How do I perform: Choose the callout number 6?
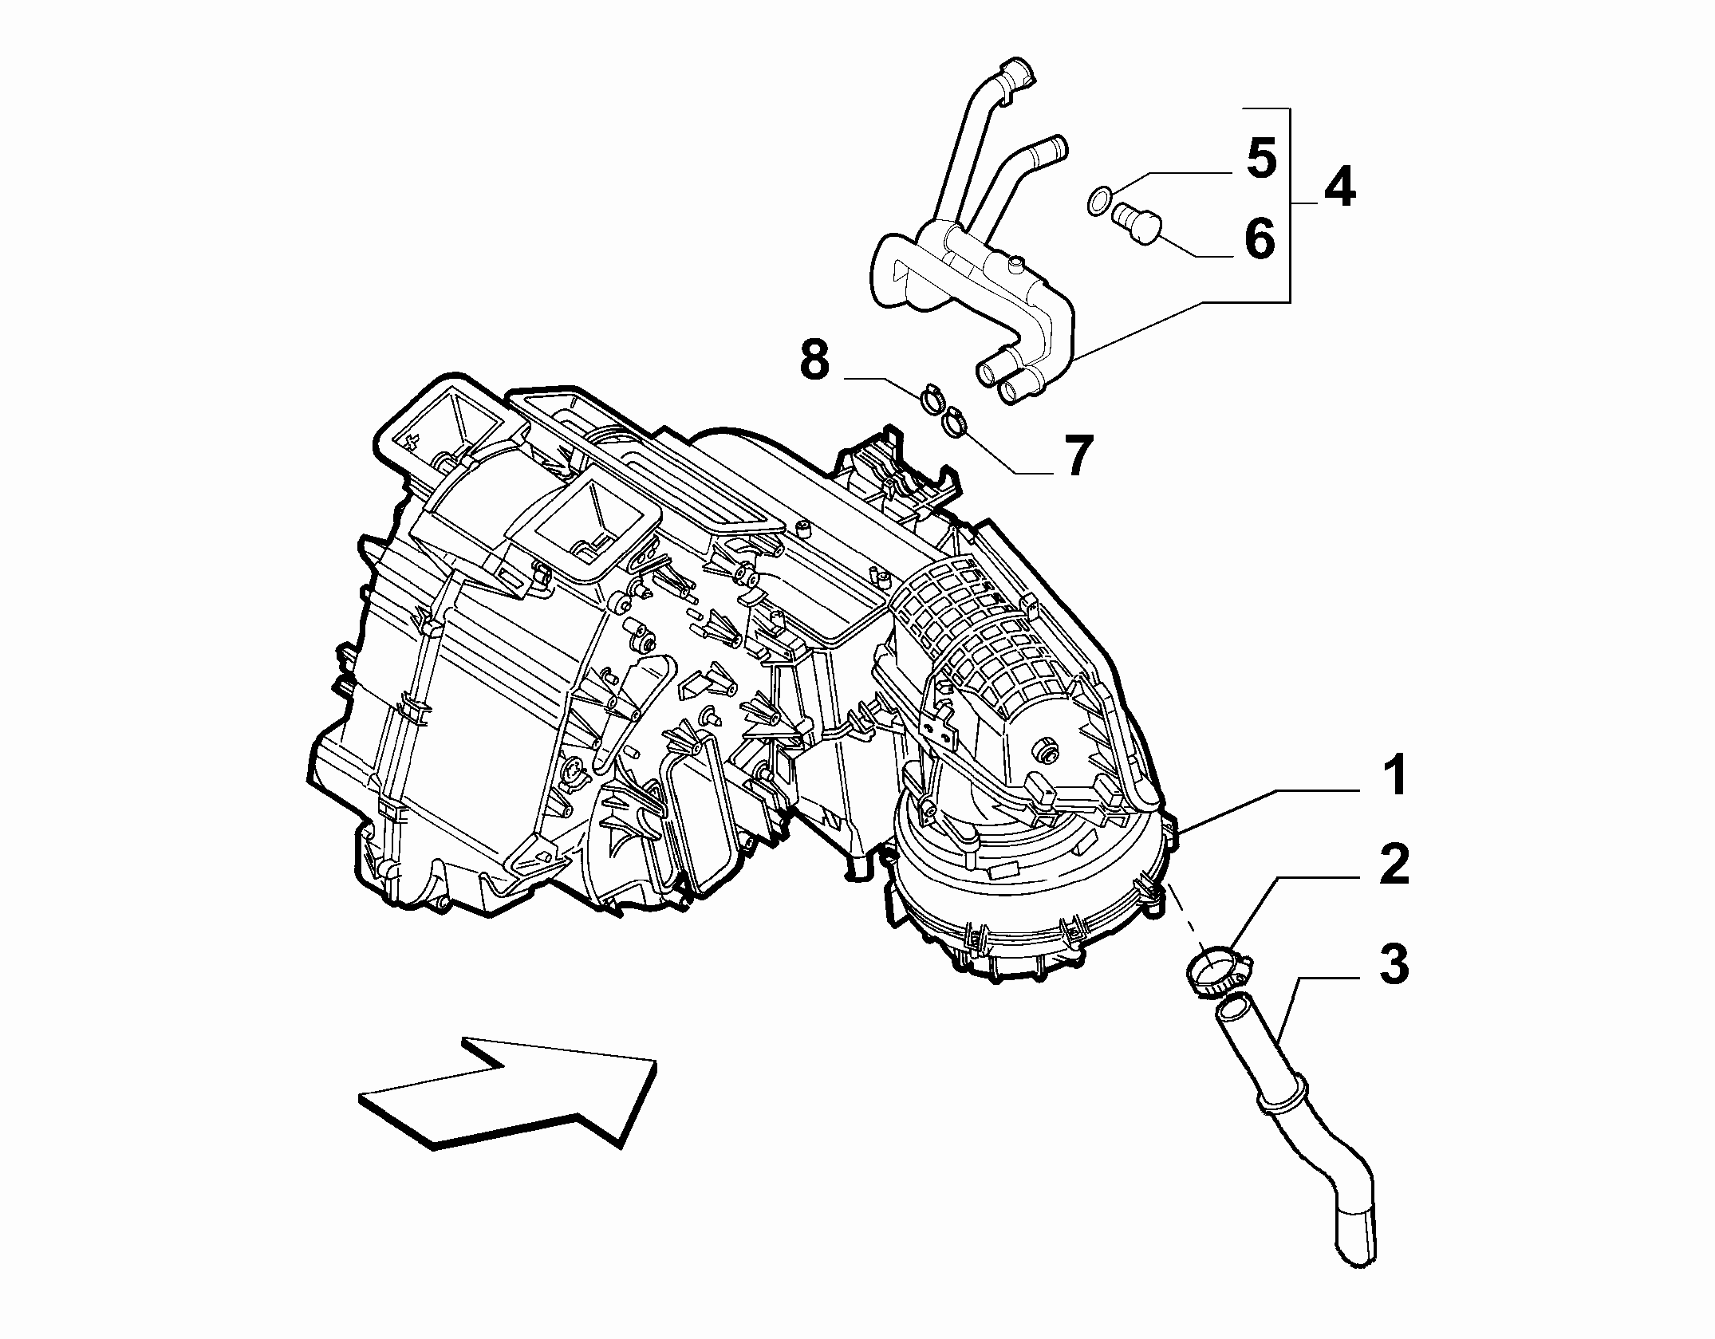1260,238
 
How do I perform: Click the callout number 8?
814,360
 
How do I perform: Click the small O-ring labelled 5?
1098,200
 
